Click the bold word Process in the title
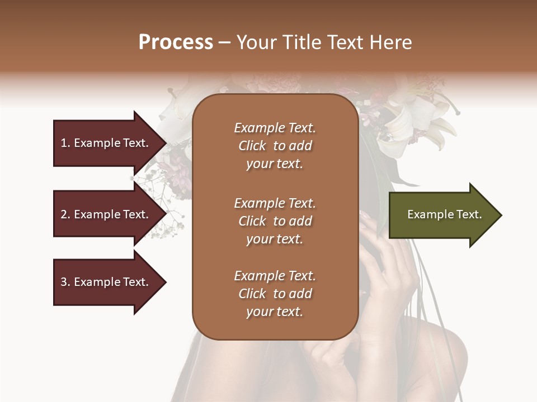pos(176,42)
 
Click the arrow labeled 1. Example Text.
pos(106,143)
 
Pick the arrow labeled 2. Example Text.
pos(106,214)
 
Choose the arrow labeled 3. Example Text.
pos(106,282)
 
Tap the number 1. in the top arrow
pos(65,143)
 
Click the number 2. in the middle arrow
pos(65,214)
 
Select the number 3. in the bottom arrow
pos(65,282)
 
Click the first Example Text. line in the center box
pos(275,128)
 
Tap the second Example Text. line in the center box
pos(275,203)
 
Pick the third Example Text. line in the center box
pos(275,276)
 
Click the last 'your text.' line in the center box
pos(275,312)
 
